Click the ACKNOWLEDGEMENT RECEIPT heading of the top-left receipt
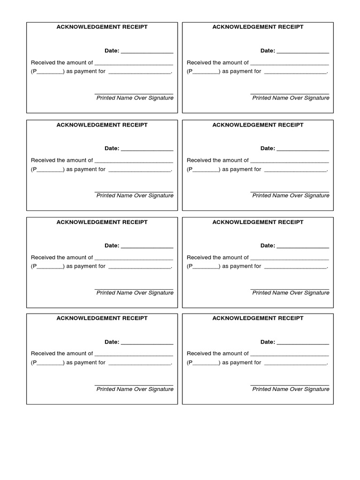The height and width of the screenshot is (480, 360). tap(102, 27)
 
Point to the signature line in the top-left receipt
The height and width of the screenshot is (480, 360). tap(134, 94)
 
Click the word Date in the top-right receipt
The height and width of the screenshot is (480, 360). tap(267, 51)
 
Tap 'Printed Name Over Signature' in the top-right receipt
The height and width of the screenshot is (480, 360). tap(291, 98)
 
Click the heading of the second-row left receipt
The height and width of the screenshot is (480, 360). tap(102, 125)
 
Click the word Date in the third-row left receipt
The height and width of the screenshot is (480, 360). tap(112, 246)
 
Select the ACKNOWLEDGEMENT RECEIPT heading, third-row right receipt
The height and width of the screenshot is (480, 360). tap(258, 222)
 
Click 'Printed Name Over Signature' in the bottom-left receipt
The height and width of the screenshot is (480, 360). tap(135, 389)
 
